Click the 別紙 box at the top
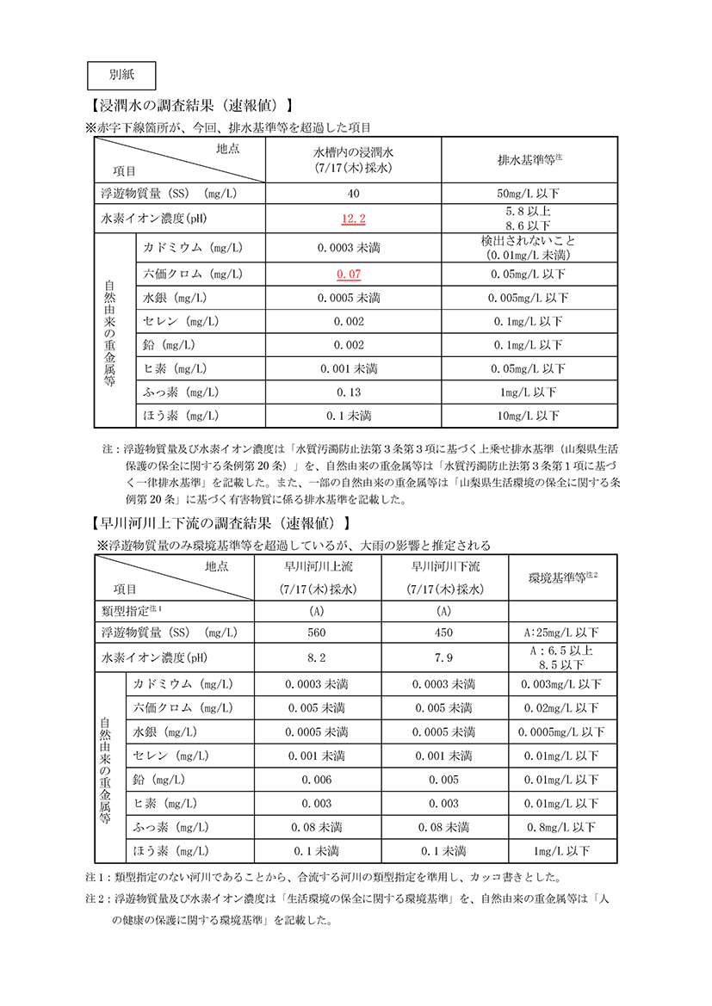(121, 75)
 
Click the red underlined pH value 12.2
(354, 219)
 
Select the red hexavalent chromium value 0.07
(349, 274)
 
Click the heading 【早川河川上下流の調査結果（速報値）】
(220, 522)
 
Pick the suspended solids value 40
(354, 194)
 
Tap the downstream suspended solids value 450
(443, 633)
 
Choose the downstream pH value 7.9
(443, 658)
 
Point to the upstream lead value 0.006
(317, 780)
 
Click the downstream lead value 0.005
(443, 780)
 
